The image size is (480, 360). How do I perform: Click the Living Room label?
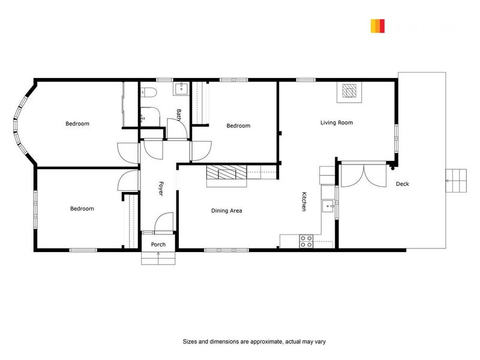[337, 122]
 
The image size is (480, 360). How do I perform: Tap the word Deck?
[402, 184]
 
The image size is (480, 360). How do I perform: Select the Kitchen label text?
[304, 202]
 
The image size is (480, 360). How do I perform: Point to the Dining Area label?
[226, 211]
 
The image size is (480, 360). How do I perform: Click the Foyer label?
[161, 189]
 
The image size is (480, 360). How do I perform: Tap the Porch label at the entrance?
[158, 244]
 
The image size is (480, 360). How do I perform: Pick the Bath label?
[179, 114]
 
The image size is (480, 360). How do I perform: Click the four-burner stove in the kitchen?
[306, 241]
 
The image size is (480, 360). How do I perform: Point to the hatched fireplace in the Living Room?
[349, 91]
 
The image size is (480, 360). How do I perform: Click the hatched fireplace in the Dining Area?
[226, 173]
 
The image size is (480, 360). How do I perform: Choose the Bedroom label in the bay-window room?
[77, 124]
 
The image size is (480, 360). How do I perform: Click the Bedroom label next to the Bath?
[238, 125]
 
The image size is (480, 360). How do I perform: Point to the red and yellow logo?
[377, 26]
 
